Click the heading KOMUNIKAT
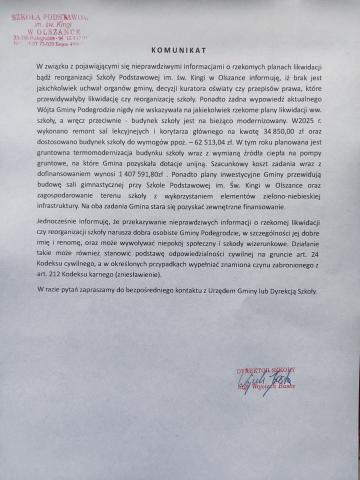click(179, 75)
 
